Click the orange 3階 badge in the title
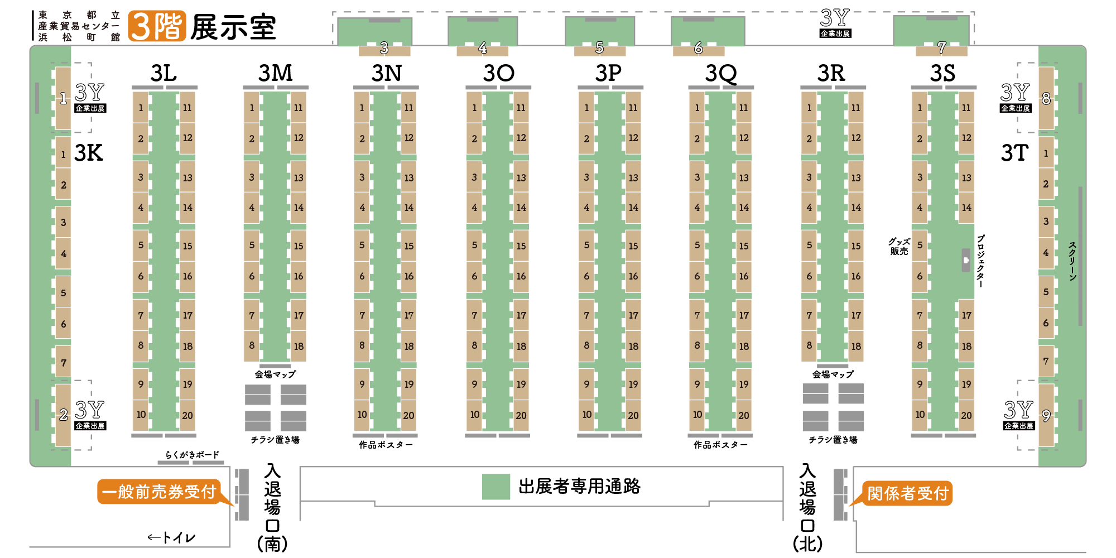point(157,26)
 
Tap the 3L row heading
point(163,73)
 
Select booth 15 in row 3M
point(299,246)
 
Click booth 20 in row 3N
point(409,415)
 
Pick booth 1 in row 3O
point(474,108)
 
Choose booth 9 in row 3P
point(586,384)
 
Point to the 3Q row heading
point(721,73)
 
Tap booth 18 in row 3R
point(856,346)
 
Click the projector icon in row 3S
point(966,260)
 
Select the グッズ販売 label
point(899,246)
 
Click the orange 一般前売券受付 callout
point(159,492)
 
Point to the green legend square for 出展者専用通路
point(496,487)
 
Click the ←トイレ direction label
point(171,537)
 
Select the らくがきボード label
point(192,455)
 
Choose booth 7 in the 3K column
point(63,363)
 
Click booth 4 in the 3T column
point(1046,253)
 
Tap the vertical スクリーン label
point(1072,261)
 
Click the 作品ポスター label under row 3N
point(386,445)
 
